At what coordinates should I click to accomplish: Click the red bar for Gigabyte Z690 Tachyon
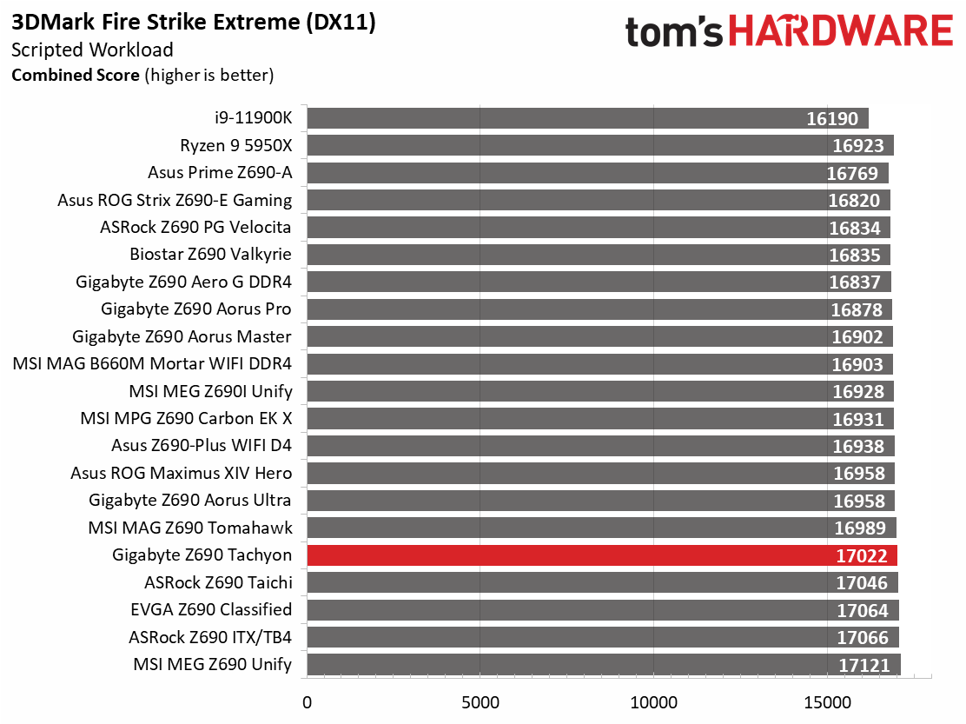coord(602,555)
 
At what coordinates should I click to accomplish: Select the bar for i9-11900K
coord(588,118)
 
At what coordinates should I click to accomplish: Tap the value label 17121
coord(863,666)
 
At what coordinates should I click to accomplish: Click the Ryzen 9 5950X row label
coord(236,145)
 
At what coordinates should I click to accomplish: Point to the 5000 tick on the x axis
coord(480,702)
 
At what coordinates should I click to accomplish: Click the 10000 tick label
coord(653,702)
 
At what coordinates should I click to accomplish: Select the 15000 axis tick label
coord(827,702)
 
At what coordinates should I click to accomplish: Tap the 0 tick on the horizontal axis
coord(307,702)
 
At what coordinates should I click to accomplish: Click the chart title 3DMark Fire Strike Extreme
coord(155,23)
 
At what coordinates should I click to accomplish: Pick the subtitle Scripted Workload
coord(92,50)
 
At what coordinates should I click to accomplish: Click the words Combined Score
coord(76,75)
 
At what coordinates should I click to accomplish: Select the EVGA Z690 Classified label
coord(211,609)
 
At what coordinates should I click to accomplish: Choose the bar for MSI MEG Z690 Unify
coord(604,664)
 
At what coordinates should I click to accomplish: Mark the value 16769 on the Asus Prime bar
coord(852,173)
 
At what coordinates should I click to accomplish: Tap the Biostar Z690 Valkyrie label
coord(211,254)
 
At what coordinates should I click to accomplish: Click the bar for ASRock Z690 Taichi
coord(603,582)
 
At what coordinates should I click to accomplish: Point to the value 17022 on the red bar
coord(861,555)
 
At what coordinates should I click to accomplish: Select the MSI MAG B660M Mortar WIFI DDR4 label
coord(152,363)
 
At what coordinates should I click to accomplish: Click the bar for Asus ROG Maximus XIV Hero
coord(600,473)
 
